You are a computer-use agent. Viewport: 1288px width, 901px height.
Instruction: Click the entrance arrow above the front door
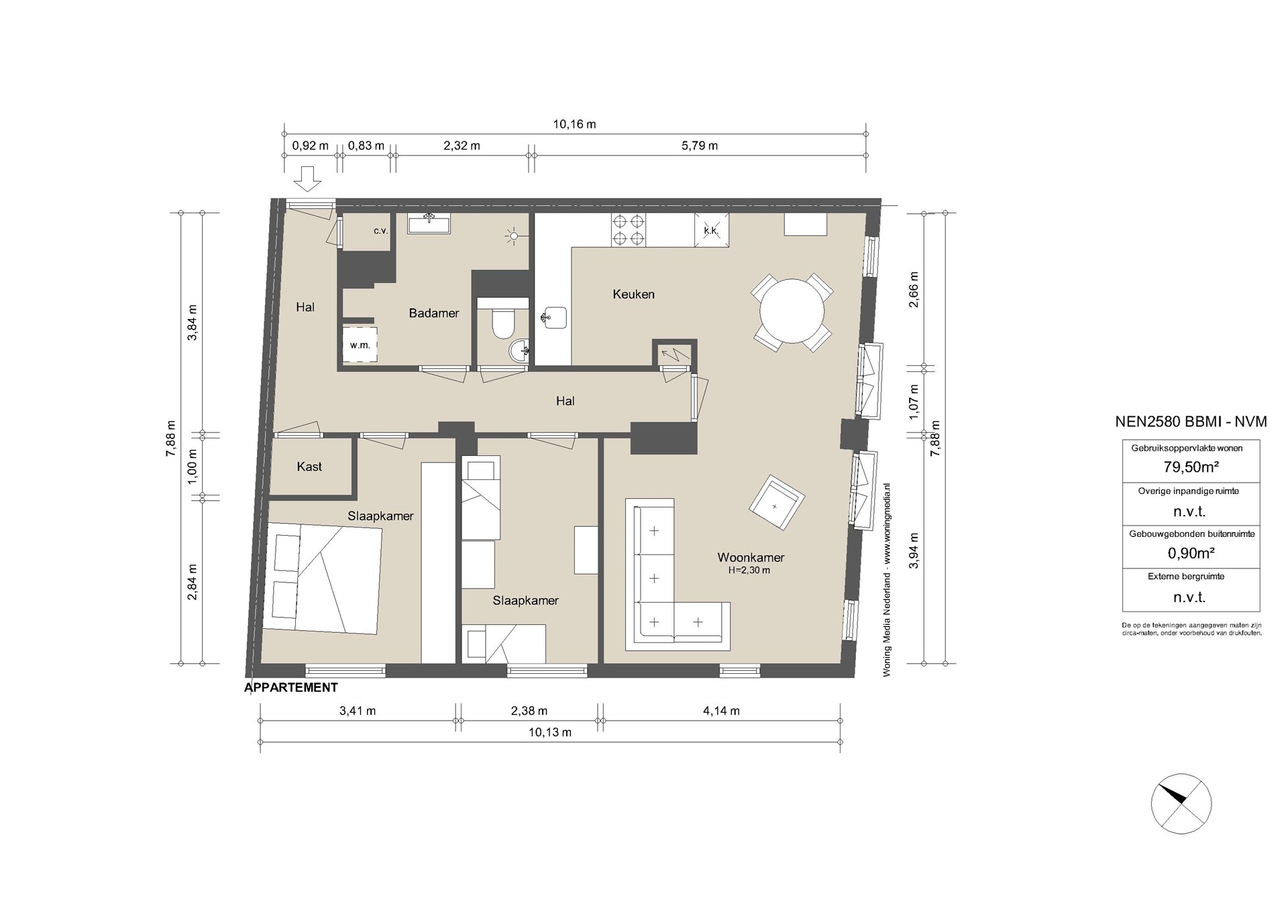pyautogui.click(x=309, y=179)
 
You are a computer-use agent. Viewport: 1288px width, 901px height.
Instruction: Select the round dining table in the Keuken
pyautogui.click(x=792, y=312)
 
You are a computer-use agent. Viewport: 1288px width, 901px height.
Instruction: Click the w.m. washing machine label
pyautogui.click(x=360, y=345)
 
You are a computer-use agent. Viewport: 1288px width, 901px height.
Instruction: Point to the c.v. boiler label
pyautogui.click(x=381, y=231)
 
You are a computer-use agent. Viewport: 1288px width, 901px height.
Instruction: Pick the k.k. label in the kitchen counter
pyautogui.click(x=711, y=231)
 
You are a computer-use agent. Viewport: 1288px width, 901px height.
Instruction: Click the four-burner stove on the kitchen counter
pyautogui.click(x=629, y=230)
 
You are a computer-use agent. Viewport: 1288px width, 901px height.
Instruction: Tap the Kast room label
pyautogui.click(x=309, y=467)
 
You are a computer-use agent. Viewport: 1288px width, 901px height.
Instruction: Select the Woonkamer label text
pyautogui.click(x=751, y=557)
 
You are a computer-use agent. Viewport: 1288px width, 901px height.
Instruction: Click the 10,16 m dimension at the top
pyautogui.click(x=574, y=124)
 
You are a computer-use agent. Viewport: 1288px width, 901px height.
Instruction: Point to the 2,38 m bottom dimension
pyautogui.click(x=529, y=711)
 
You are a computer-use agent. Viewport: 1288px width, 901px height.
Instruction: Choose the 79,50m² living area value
pyautogui.click(x=1191, y=467)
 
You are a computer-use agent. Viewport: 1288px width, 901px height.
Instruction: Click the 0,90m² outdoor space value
pyautogui.click(x=1191, y=553)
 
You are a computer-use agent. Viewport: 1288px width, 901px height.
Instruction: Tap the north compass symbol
pyautogui.click(x=1181, y=804)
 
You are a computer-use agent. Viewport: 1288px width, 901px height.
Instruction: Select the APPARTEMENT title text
pyautogui.click(x=291, y=687)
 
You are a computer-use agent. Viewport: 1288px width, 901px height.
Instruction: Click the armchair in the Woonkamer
pyautogui.click(x=776, y=503)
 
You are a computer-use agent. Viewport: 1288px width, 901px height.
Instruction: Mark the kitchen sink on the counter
pyautogui.click(x=554, y=318)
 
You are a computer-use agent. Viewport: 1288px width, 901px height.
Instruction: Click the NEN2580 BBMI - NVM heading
pyautogui.click(x=1191, y=422)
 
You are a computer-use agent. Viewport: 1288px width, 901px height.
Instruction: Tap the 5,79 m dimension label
pyautogui.click(x=700, y=145)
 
